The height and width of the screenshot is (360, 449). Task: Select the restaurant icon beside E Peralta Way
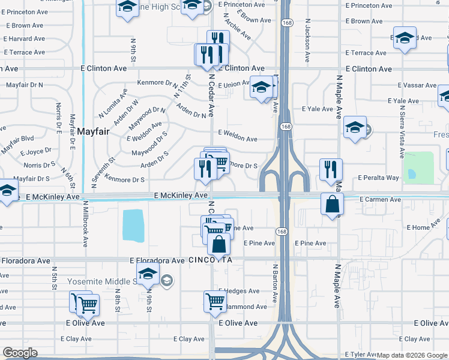pos(331,170)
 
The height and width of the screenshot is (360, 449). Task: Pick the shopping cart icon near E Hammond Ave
pos(215,302)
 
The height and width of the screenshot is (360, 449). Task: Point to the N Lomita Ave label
pos(113,103)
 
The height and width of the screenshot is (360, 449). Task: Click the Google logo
pos(20,353)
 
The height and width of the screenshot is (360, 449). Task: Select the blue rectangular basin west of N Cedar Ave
pos(133,225)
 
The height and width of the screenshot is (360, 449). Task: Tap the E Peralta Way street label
pos(378,178)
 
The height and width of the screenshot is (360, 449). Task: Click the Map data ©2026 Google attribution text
pos(412,355)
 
